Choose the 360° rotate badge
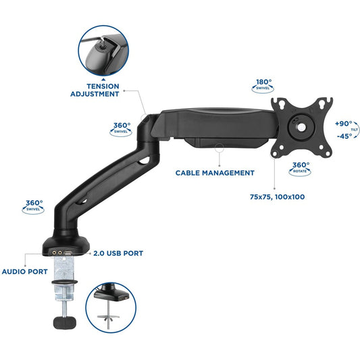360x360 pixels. coord(301,166)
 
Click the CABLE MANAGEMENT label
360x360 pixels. coord(215,173)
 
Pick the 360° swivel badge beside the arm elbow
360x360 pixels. coord(122,128)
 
